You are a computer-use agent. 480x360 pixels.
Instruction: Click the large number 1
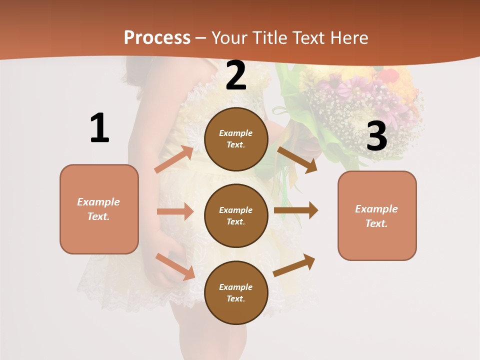click(x=99, y=128)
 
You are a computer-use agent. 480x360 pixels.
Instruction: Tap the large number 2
click(x=236, y=76)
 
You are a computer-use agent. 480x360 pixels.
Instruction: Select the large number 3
click(x=376, y=136)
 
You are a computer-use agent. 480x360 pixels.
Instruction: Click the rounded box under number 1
click(x=99, y=209)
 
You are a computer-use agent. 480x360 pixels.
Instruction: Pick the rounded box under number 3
click(x=377, y=216)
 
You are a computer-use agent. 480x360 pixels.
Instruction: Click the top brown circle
click(x=236, y=139)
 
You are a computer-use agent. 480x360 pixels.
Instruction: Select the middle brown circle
click(x=236, y=215)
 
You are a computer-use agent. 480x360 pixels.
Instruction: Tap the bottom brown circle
click(x=236, y=292)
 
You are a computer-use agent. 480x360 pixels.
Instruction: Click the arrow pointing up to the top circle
click(x=174, y=159)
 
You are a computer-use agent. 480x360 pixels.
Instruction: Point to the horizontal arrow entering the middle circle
click(x=175, y=211)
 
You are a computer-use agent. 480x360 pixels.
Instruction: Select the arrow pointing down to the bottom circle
click(x=175, y=266)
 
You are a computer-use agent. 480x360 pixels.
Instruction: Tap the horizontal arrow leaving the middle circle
click(x=296, y=210)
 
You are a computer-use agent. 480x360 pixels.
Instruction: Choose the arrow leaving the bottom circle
click(x=294, y=265)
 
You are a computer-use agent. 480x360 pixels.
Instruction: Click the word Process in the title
click(x=157, y=37)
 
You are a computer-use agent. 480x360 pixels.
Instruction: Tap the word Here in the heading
click(x=349, y=37)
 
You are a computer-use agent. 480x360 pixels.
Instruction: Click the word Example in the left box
click(x=98, y=202)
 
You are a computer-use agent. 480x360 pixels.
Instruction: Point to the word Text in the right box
click(x=375, y=223)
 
